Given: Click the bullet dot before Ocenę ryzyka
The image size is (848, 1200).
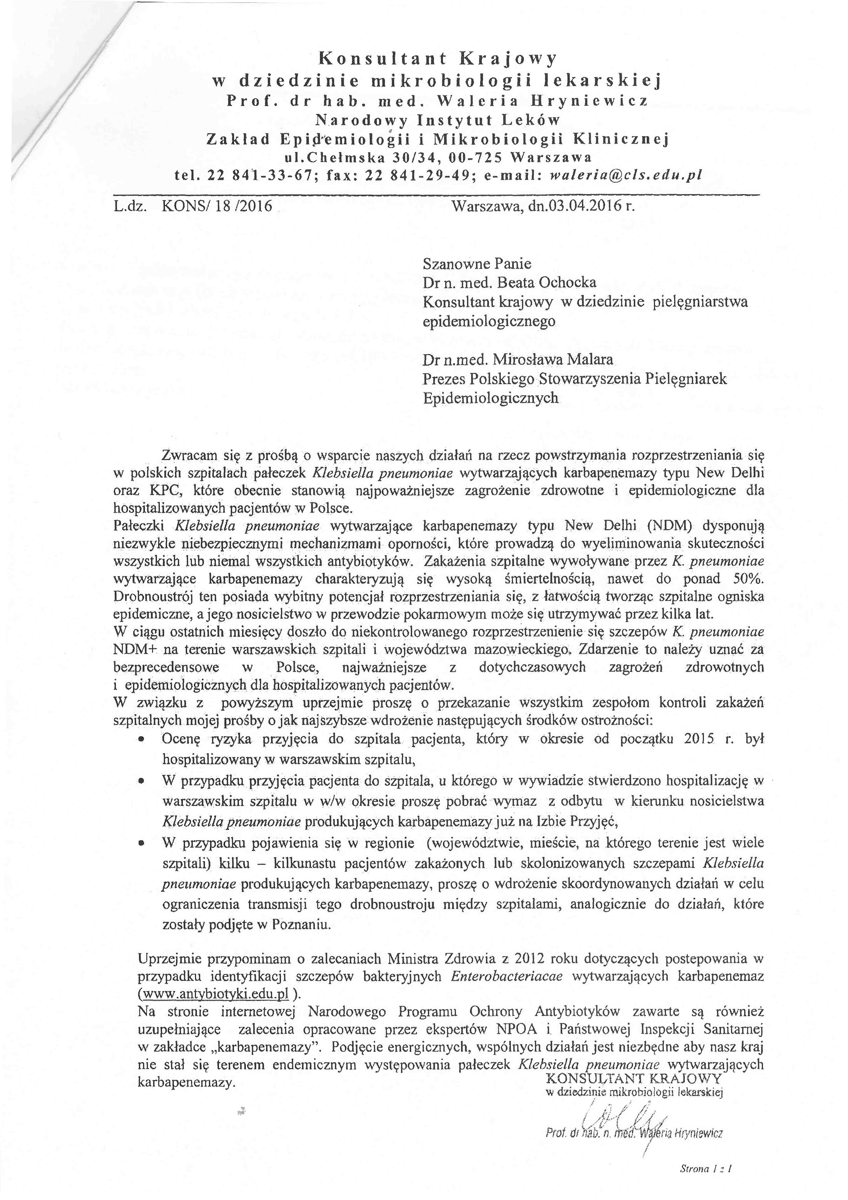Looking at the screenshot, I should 141,740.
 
